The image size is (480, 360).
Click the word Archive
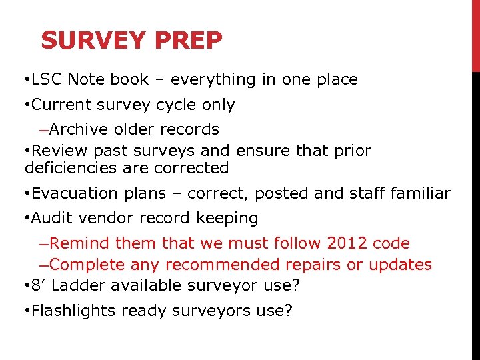pyautogui.click(x=77, y=129)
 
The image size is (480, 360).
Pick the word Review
pyautogui.click(x=57, y=151)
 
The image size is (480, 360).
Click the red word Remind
pyautogui.click(x=80, y=243)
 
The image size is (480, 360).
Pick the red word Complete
pyautogui.click(x=87, y=265)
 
